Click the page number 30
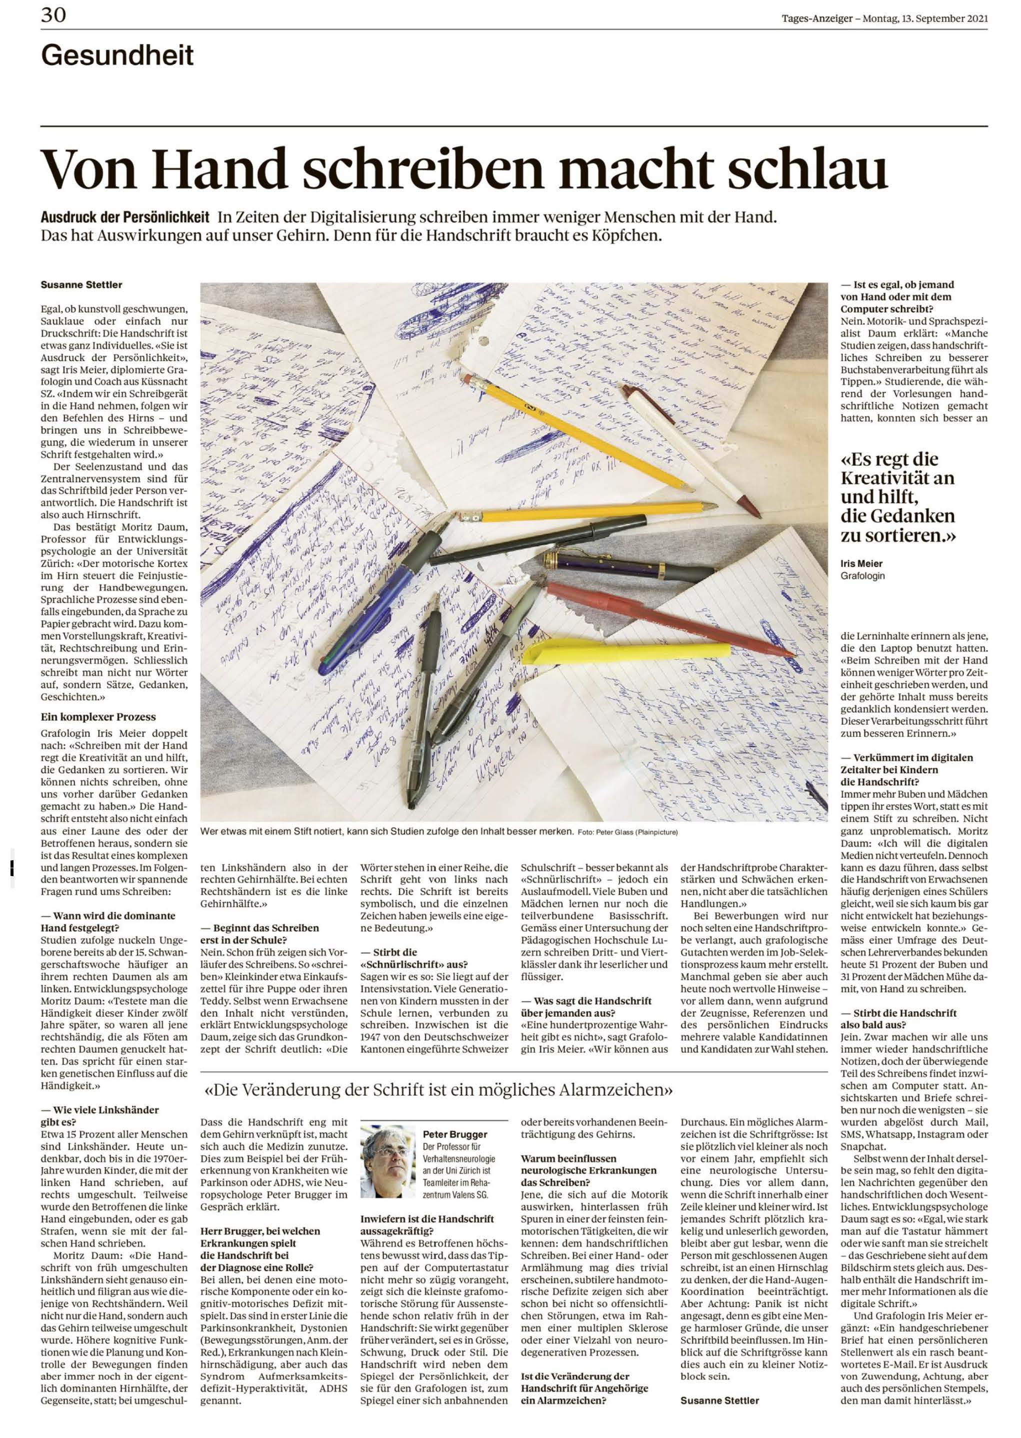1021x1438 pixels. tap(53, 15)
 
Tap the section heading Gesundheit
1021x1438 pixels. tap(117, 56)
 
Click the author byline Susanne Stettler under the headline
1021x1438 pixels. tap(81, 285)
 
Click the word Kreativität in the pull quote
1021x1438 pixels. tap(897, 478)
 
